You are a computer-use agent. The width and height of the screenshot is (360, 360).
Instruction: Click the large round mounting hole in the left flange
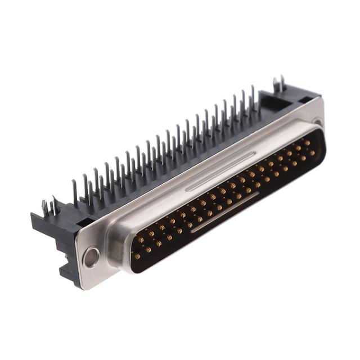coord(90,258)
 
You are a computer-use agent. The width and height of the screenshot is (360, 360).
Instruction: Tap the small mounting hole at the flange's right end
coord(318,121)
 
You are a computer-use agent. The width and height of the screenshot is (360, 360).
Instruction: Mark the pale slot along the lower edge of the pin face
coord(225,213)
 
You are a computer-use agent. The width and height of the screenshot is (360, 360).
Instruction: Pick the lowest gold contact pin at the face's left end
coord(137,256)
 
